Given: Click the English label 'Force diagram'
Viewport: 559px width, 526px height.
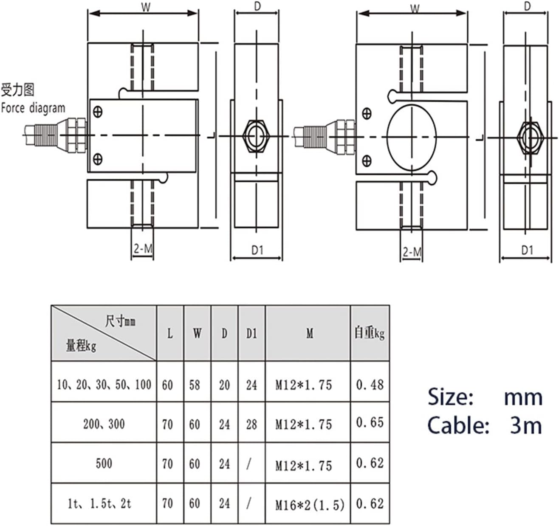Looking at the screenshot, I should (33, 108).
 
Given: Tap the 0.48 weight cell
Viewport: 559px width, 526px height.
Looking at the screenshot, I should (370, 385).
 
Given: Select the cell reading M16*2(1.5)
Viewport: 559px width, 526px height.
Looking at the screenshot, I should (310, 504).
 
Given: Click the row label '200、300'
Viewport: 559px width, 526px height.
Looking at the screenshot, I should (104, 424).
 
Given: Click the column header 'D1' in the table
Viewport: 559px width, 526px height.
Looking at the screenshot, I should (251, 334).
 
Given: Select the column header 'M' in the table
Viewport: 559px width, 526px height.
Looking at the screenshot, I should (310, 334).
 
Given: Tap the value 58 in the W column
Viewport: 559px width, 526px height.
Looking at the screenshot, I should (195, 385).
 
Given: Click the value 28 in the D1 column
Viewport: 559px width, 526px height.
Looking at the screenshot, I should (251, 424).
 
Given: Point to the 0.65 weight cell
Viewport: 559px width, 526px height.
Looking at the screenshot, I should (370, 422).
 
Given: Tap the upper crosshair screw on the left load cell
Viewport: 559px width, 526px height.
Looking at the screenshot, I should (98, 112).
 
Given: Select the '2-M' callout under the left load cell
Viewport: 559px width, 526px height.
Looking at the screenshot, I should (142, 249).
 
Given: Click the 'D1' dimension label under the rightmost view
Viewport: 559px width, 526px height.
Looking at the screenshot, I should (527, 250).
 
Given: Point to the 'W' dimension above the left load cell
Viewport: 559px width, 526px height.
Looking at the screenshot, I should (146, 8).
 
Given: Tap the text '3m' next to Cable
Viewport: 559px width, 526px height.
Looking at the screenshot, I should (526, 425).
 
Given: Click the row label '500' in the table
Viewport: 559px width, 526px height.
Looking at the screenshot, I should (104, 463).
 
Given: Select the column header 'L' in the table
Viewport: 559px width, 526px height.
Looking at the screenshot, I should (170, 334).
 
